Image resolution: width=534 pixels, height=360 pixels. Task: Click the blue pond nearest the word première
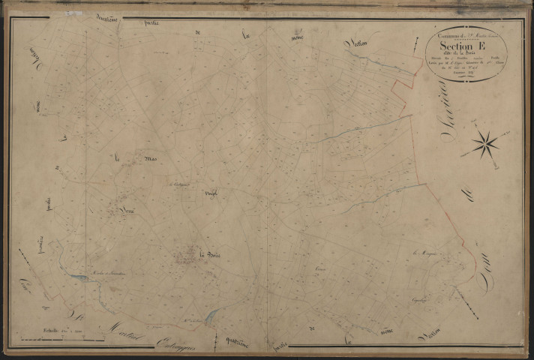pyautogui.click(x=77, y=278)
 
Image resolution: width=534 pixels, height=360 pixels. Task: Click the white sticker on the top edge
pyautogui.click(x=73, y=13)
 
